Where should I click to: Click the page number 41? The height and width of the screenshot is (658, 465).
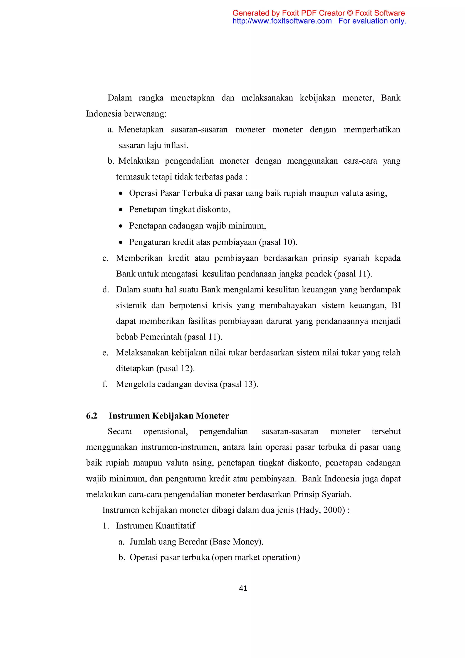[x=243, y=588]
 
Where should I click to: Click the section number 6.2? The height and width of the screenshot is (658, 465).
[x=92, y=416]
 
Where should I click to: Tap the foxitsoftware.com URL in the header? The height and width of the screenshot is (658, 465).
[x=282, y=21]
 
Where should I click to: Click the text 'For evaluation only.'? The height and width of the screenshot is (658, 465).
[x=372, y=21]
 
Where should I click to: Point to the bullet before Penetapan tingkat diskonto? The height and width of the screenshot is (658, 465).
[x=121, y=210]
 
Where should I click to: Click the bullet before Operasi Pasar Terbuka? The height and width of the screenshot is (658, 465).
[x=121, y=193]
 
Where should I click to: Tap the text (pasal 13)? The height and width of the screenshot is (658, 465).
[x=239, y=384]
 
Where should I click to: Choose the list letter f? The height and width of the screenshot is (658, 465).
[x=105, y=384]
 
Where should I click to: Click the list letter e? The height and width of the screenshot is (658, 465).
[x=105, y=353]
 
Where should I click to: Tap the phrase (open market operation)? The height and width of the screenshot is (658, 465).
[x=256, y=557]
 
